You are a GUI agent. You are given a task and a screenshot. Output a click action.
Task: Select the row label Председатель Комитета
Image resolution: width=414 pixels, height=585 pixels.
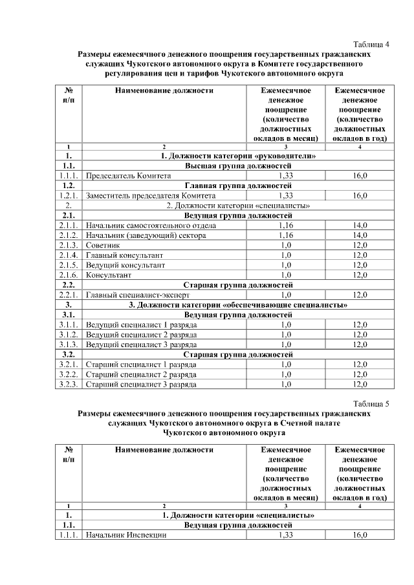pos(128,175)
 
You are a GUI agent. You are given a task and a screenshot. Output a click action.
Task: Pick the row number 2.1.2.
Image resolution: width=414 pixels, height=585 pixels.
pos(68,235)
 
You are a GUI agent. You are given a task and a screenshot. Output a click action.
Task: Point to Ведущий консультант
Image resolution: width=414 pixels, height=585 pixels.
pos(125,265)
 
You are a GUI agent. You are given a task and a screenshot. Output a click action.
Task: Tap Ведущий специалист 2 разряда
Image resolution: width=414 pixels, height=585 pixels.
pos(141,334)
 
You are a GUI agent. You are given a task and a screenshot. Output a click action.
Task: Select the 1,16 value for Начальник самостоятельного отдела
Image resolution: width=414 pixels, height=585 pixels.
pos(285,226)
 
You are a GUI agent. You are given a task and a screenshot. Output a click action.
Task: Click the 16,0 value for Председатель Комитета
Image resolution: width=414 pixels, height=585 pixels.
pos(360,175)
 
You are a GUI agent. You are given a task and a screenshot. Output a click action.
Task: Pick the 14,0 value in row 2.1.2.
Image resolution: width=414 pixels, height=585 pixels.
pos(360,235)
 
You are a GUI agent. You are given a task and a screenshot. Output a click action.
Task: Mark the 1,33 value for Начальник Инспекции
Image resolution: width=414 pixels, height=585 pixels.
pos(285,536)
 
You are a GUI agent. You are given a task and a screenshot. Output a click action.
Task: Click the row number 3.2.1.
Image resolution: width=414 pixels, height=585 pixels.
pos(68,364)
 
